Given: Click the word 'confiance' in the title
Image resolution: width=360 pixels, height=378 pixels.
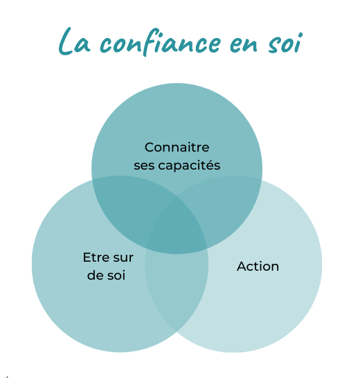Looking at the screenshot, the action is pyautogui.click(x=160, y=42).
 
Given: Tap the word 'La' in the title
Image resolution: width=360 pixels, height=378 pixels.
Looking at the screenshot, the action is pyautogui.click(x=74, y=42).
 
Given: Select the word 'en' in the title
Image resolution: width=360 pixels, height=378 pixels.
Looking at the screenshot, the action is pyautogui.click(x=244, y=44).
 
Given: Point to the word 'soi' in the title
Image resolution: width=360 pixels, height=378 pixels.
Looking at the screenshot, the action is pyautogui.click(x=285, y=43).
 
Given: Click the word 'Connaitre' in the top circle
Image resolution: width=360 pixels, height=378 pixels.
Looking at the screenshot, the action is pyautogui.click(x=177, y=147).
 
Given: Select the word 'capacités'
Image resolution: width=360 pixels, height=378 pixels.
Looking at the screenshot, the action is pyautogui.click(x=189, y=165).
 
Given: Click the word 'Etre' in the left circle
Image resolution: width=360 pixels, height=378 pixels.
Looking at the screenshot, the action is pyautogui.click(x=96, y=258).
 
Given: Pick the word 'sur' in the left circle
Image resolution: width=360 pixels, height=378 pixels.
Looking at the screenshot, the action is pyautogui.click(x=123, y=258).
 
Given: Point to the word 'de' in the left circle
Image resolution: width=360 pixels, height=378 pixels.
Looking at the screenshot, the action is pyautogui.click(x=96, y=275).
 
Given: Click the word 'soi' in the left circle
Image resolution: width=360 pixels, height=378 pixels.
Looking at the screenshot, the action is pyautogui.click(x=116, y=276).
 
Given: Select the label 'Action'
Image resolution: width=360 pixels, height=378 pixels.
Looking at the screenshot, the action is pyautogui.click(x=258, y=267).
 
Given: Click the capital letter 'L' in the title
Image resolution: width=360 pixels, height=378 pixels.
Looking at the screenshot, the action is pyautogui.click(x=65, y=42).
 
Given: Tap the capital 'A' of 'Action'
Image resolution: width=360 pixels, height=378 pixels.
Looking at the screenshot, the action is pyautogui.click(x=242, y=267).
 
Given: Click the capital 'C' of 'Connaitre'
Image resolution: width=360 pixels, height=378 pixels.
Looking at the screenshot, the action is pyautogui.click(x=150, y=147).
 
